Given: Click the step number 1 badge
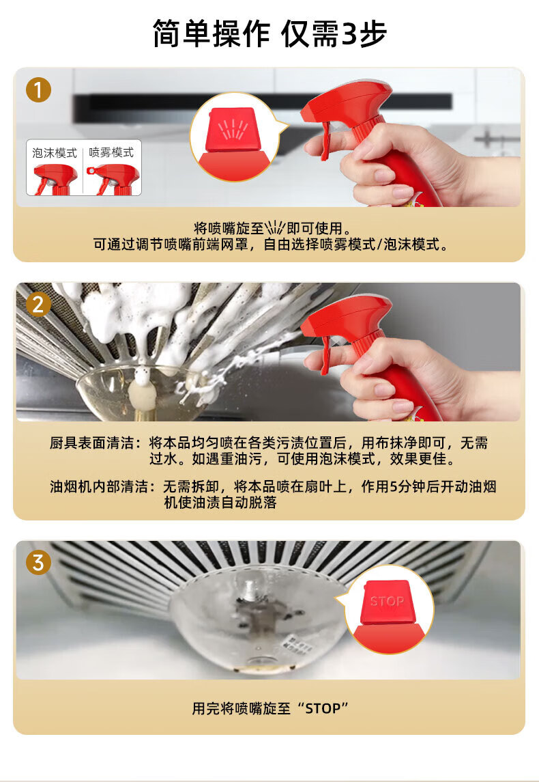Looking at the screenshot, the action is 38,90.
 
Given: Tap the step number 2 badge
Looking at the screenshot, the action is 38,305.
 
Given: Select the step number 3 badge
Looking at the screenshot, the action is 38,563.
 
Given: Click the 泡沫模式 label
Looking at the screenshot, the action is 55,152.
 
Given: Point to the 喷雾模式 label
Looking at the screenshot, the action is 111,152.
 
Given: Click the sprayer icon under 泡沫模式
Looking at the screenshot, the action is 55,179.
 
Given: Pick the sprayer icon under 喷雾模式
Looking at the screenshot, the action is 113,179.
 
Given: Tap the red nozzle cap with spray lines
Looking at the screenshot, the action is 233,130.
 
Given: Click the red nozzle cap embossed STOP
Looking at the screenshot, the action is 387,602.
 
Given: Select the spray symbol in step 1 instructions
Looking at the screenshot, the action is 275,227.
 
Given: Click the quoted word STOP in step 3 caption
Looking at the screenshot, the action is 322,708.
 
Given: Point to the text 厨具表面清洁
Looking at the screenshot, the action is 91,443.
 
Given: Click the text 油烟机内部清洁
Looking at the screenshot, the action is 99,486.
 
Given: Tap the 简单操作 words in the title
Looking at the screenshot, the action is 211,34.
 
